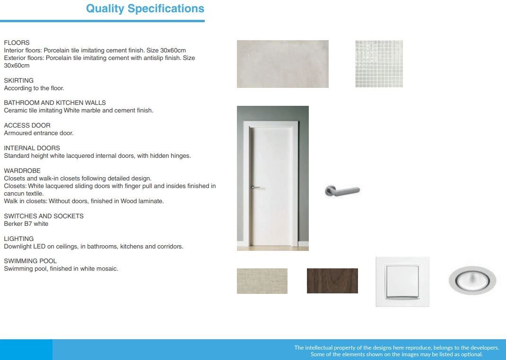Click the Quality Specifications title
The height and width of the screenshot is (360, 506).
click(145, 9)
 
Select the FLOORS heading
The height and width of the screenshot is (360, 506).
click(17, 43)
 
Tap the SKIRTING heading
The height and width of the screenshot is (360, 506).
click(19, 81)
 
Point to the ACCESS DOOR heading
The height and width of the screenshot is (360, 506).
click(27, 125)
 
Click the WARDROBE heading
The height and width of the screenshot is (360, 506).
click(22, 171)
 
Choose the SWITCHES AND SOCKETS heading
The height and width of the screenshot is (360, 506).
click(44, 216)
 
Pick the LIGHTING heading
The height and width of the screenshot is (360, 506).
click(19, 239)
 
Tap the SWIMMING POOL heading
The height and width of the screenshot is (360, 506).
click(30, 261)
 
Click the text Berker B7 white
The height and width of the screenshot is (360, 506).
click(26, 224)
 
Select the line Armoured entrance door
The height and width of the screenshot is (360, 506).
click(39, 133)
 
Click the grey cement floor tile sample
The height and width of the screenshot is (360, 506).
click(283, 64)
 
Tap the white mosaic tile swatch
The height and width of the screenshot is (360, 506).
click(379, 64)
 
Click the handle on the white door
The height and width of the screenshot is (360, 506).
click(255, 187)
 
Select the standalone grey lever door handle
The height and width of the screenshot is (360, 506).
click(342, 191)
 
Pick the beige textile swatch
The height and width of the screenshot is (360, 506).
click(262, 281)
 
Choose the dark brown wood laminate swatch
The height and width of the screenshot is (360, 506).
click(332, 281)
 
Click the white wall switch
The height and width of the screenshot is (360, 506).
click(402, 282)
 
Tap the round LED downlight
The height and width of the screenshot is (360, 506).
click(472, 281)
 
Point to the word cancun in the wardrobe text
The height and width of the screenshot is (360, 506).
click(12, 194)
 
